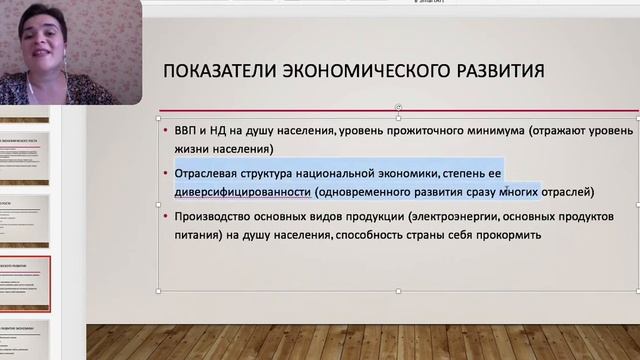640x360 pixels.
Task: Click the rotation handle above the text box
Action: (x=399, y=107)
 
